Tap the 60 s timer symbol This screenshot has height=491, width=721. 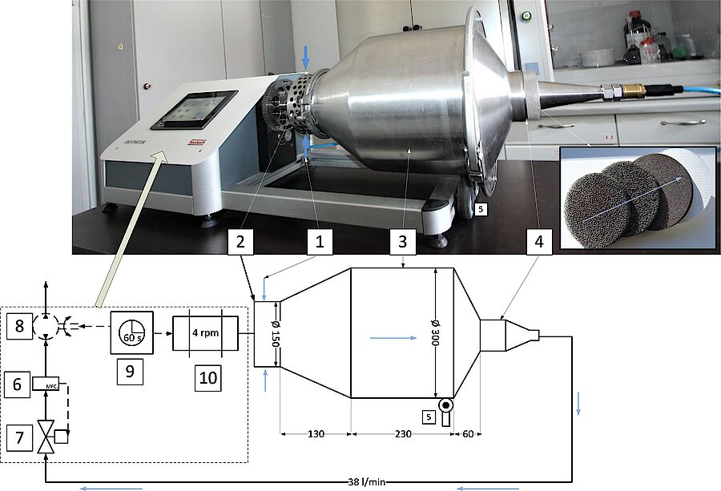[131, 329]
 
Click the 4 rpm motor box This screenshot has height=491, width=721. [205, 329]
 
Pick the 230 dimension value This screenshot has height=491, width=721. [403, 434]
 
